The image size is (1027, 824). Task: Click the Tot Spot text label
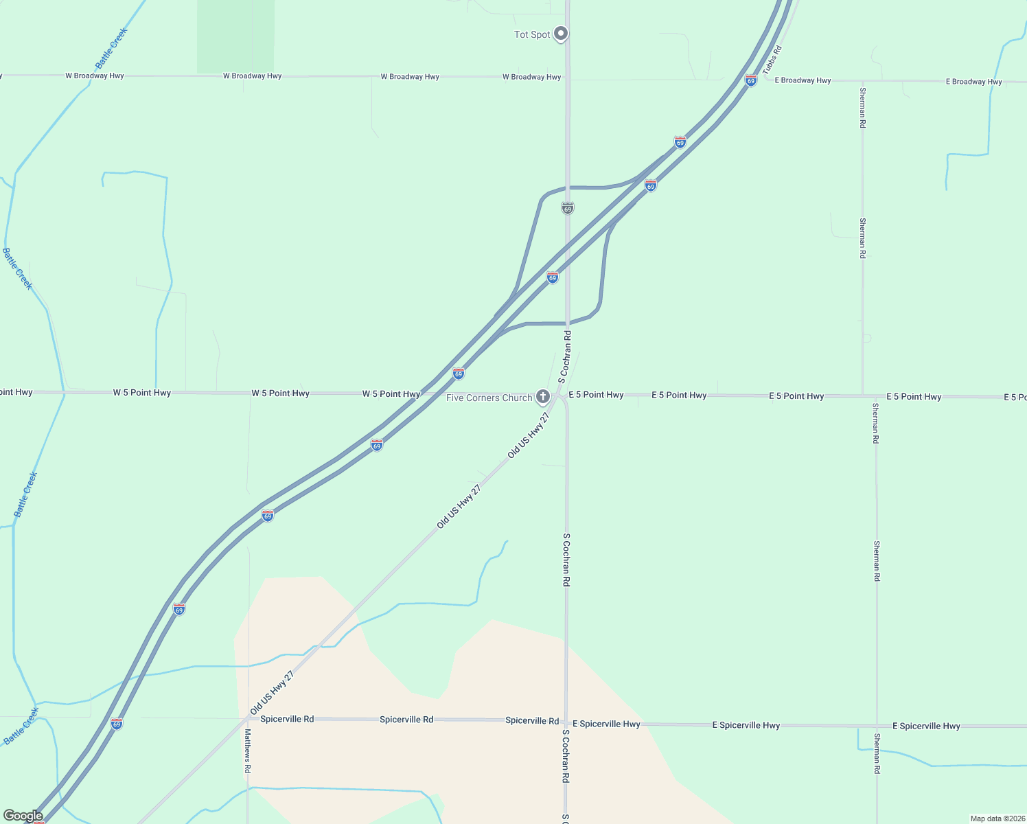(532, 34)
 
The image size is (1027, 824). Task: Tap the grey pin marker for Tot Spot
(561, 33)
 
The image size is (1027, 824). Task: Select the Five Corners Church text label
(489, 398)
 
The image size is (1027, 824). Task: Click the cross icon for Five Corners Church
(543, 396)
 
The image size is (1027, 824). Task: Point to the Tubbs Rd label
(772, 60)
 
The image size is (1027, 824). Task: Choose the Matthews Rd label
(248, 751)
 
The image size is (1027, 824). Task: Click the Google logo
(23, 816)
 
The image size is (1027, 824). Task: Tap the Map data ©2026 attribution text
(997, 819)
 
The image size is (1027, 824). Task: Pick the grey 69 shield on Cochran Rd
(567, 207)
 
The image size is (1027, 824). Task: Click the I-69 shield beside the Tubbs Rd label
(751, 80)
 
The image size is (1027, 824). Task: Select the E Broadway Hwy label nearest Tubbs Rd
(803, 80)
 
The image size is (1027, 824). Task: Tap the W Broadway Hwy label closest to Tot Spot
(531, 77)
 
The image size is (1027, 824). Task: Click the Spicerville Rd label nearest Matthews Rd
(287, 719)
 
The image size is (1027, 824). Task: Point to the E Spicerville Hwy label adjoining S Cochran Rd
(606, 724)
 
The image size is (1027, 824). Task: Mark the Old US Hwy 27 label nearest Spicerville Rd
(272, 693)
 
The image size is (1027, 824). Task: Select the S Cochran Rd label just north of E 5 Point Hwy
(565, 356)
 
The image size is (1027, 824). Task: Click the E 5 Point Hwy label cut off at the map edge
(1015, 398)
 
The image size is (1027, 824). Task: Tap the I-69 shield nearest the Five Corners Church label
(459, 374)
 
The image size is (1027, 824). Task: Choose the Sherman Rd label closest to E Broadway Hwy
(862, 106)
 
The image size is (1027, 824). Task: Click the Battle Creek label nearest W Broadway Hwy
(111, 48)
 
